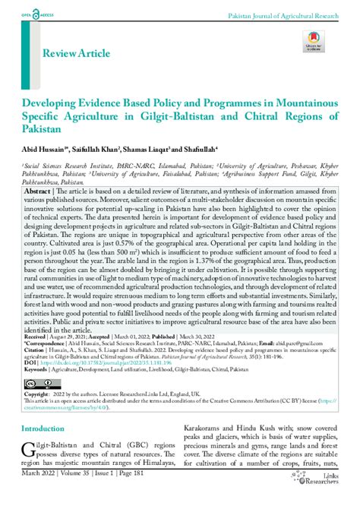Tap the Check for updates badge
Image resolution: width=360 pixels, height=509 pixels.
coord(314,43)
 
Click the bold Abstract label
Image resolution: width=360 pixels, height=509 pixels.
coord(38,193)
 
